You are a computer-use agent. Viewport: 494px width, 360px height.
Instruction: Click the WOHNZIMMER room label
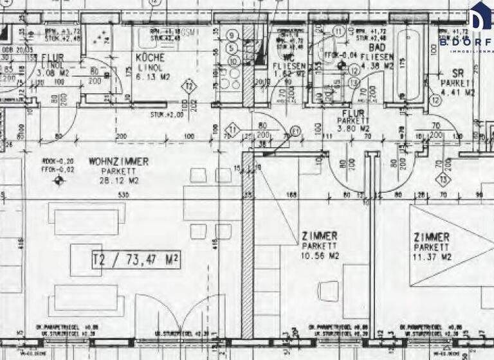click(118, 161)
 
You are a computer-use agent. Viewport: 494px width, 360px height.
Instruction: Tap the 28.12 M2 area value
click(118, 181)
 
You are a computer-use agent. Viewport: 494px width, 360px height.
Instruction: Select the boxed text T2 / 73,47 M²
click(136, 260)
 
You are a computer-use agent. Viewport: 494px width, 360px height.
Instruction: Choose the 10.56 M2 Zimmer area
click(320, 256)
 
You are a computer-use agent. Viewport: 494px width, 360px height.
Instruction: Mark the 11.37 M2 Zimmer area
click(432, 257)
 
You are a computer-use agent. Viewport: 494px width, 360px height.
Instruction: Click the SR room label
click(458, 74)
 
